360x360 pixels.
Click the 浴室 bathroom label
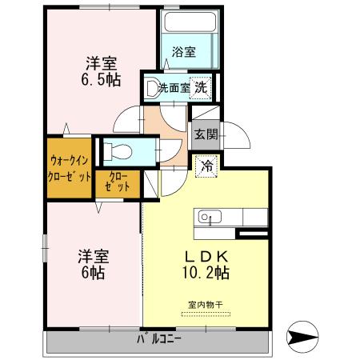(184, 53)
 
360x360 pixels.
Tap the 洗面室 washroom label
(173, 88)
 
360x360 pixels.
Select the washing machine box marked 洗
(204, 88)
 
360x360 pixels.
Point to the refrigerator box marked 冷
(206, 166)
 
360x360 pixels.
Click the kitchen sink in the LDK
(206, 216)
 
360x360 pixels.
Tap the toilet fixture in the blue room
(116, 150)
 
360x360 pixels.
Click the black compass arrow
(308, 338)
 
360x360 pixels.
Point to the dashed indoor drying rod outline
(206, 314)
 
